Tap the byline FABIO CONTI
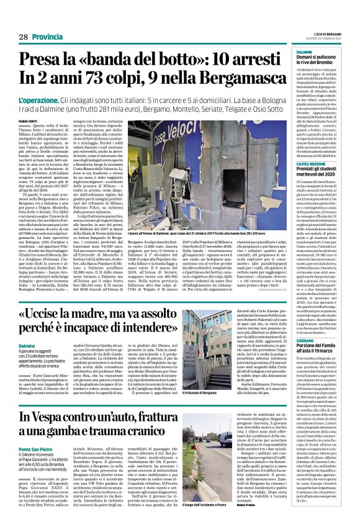click(28, 120)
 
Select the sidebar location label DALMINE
click(304, 52)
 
